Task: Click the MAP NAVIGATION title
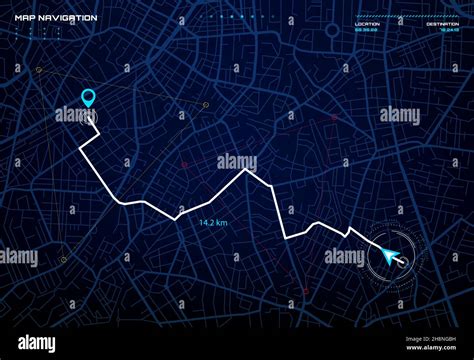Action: click(55, 17)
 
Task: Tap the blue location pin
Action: click(89, 97)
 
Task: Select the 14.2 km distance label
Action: click(214, 222)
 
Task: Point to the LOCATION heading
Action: click(367, 24)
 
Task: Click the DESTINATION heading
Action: click(442, 24)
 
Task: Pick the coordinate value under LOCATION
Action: click(366, 30)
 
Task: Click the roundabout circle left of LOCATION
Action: click(331, 30)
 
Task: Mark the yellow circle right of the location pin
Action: click(206, 105)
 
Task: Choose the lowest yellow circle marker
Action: click(63, 262)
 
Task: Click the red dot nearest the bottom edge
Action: click(305, 291)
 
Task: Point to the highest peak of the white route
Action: click(246, 171)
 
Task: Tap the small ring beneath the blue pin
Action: click(92, 117)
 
